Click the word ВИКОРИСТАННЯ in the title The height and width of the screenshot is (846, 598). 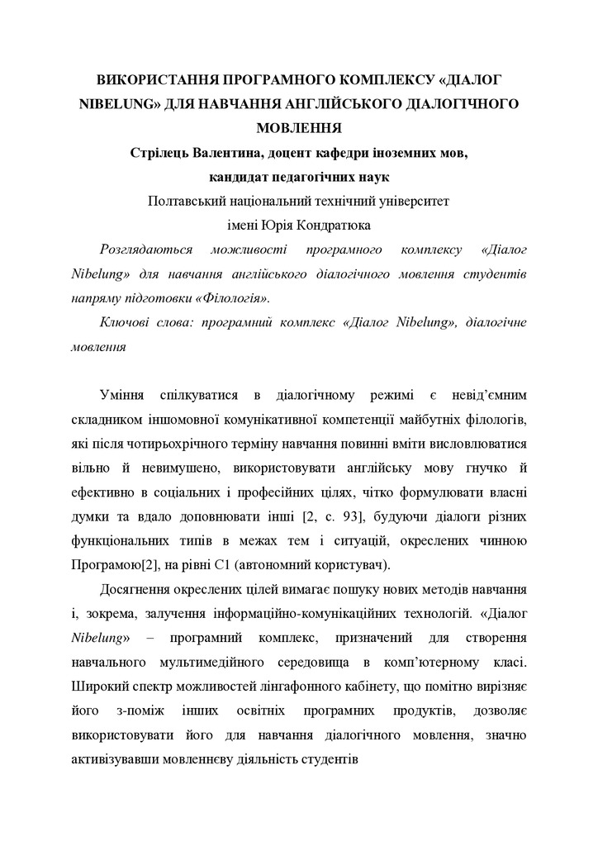(147, 81)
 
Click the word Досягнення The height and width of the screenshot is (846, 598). (139, 591)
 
